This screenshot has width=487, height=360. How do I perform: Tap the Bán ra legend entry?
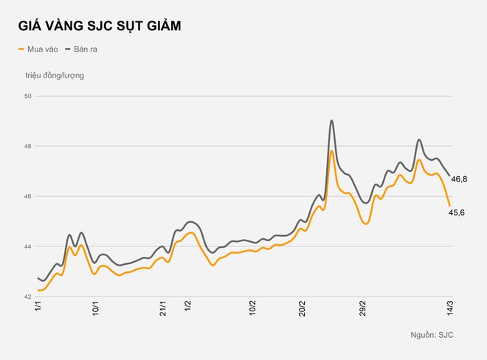pyautogui.click(x=83, y=49)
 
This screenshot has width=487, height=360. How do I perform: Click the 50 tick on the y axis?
pyautogui.click(x=28, y=96)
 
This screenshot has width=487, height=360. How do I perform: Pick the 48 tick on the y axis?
pyautogui.click(x=28, y=146)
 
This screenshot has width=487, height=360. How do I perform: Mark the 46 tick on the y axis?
pyautogui.click(x=28, y=196)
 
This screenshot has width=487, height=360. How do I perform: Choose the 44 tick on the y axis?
pyautogui.click(x=28, y=246)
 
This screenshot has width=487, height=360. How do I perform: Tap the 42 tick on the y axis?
pyautogui.click(x=28, y=297)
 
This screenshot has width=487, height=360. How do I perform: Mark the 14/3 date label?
pyautogui.click(x=449, y=309)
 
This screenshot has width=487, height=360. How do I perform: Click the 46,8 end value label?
pyautogui.click(x=459, y=179)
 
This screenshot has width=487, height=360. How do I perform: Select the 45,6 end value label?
pyautogui.click(x=457, y=212)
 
